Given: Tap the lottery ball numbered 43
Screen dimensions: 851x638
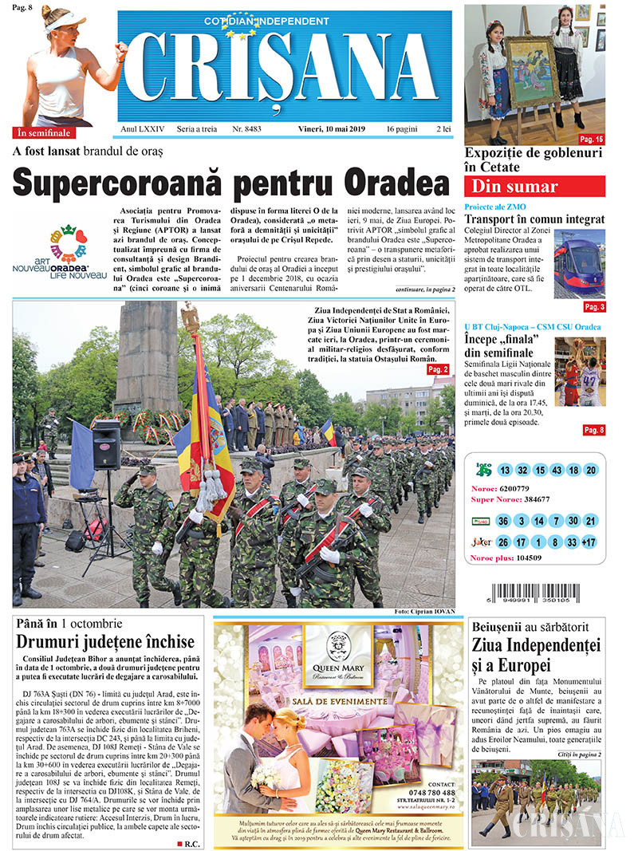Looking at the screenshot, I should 557,470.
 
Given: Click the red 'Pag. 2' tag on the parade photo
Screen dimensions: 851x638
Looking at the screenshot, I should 438,369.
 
